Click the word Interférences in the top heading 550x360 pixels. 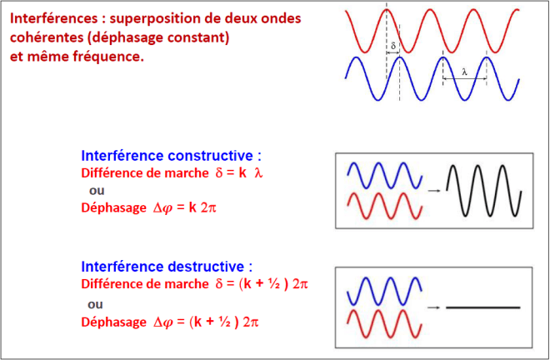[53, 18]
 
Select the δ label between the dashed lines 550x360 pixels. [392, 46]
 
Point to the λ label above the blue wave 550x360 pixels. [464, 72]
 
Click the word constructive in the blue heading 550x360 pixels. [211, 156]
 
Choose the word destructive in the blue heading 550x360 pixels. [206, 267]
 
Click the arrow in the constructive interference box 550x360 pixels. [434, 191]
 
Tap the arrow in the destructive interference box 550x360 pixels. [433, 307]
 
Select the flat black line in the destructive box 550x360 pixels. [483, 307]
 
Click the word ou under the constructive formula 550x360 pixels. [97, 191]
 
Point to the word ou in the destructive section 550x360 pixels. [95, 304]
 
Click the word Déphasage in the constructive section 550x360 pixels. [113, 207]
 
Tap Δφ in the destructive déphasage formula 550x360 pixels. [162, 322]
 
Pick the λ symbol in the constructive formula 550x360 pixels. [258, 173]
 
